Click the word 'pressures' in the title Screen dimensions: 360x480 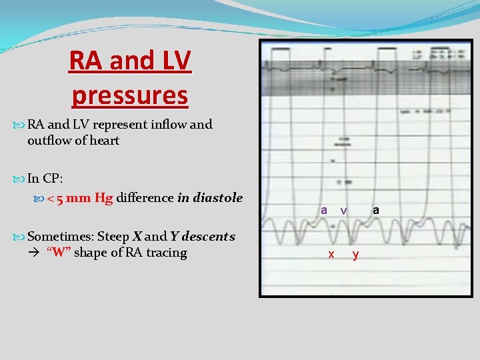[130, 95]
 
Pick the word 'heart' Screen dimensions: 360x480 [104, 141]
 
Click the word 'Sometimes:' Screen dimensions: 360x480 [61, 237]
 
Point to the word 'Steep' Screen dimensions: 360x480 [114, 237]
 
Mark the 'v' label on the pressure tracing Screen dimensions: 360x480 [343, 210]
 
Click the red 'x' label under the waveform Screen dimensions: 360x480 [331, 255]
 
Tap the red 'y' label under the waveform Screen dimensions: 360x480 [355, 255]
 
